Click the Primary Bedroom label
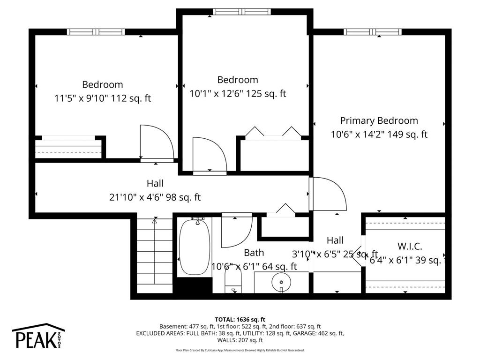pyautogui.click(x=379, y=120)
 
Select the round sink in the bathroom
pyautogui.click(x=281, y=282)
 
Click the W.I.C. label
pyautogui.click(x=410, y=246)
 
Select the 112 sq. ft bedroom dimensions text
pyautogui.click(x=103, y=98)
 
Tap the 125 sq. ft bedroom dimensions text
pyautogui.click(x=237, y=94)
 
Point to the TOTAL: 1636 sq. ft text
pyautogui.click(x=240, y=318)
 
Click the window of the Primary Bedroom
pyautogui.click(x=373, y=32)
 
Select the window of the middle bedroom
pyautogui.click(x=241, y=11)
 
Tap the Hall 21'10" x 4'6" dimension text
pyautogui.click(x=155, y=197)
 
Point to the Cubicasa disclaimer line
pyautogui.click(x=240, y=350)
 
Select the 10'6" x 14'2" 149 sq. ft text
pyautogui.click(x=379, y=135)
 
